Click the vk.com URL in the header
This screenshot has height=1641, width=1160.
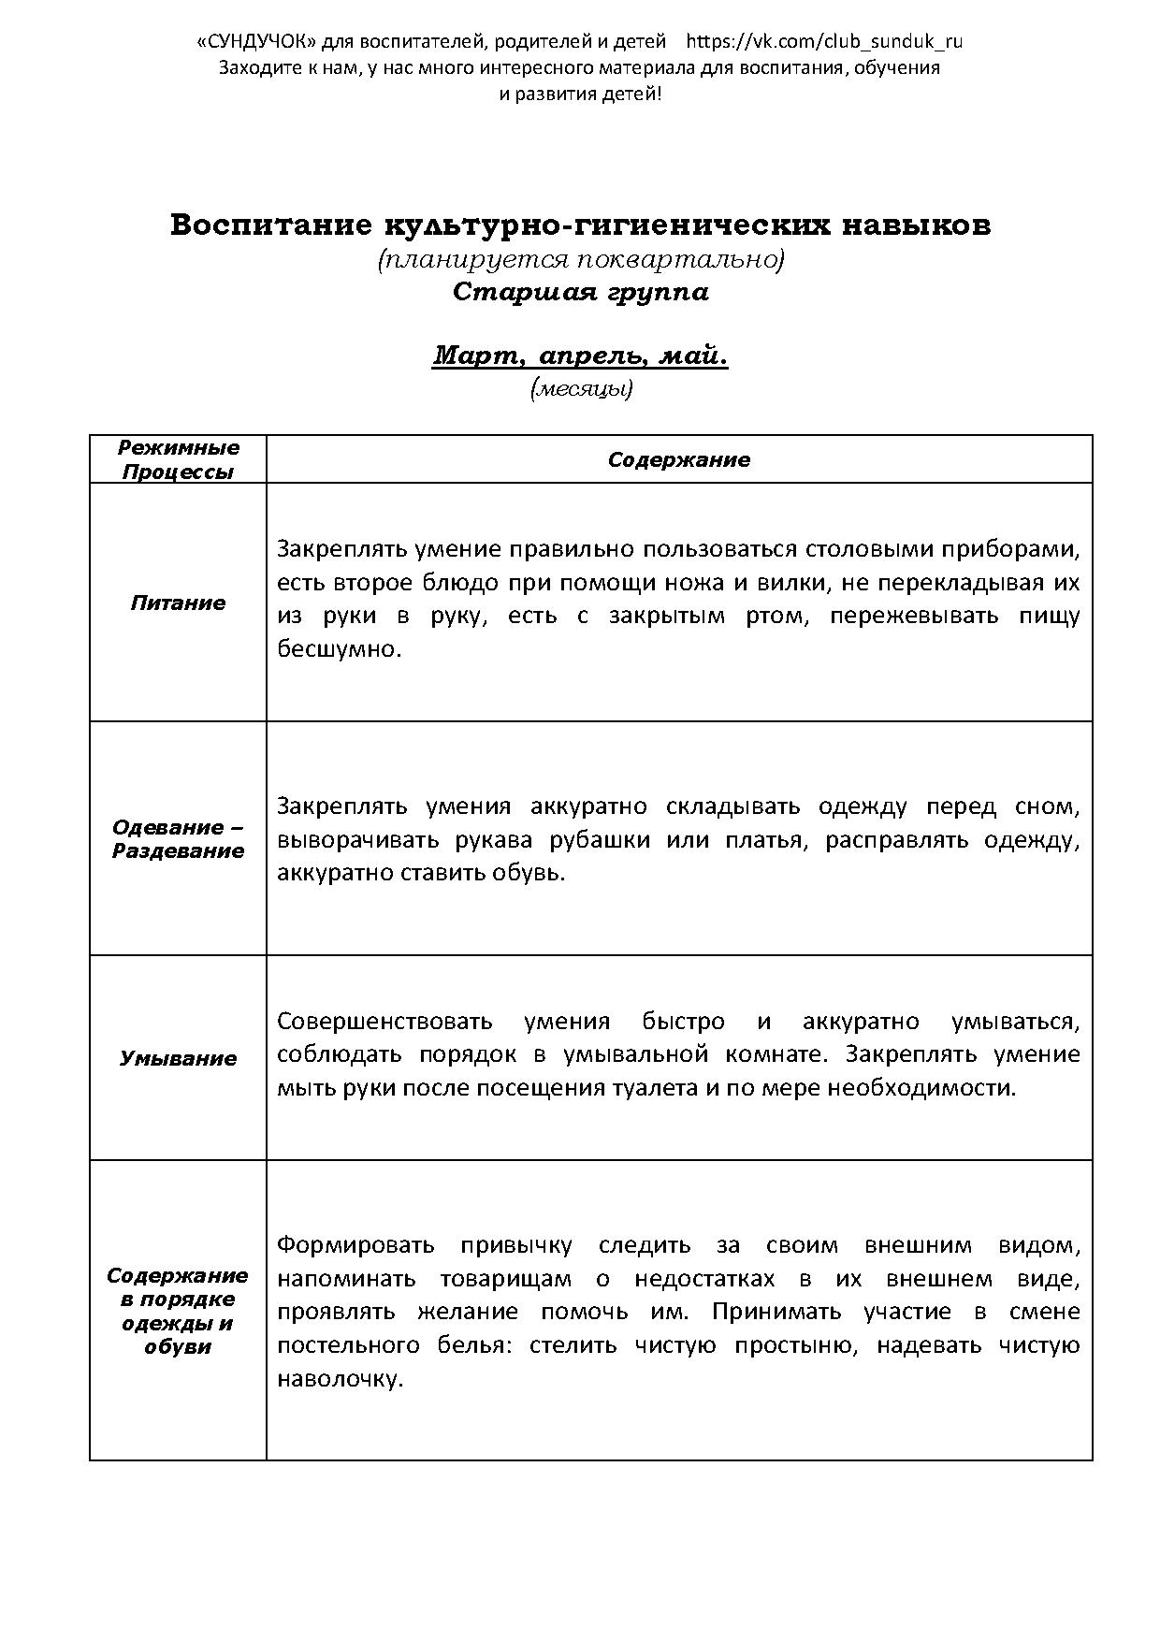[x=824, y=41]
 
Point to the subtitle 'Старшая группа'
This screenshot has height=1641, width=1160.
[x=580, y=292]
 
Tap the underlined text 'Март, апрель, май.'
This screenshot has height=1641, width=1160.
[x=580, y=356]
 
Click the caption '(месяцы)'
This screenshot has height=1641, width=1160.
[x=581, y=389]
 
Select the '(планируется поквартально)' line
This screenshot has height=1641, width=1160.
[x=580, y=259]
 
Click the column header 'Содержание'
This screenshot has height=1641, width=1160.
[x=678, y=459]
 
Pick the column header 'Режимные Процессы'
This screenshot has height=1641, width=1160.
[x=178, y=459]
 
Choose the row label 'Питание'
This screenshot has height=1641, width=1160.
[x=178, y=603]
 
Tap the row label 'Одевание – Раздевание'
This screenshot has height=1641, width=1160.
[x=178, y=839]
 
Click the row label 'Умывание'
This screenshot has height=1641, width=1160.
[x=178, y=1058]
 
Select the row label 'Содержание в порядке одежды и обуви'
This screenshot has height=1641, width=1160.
[x=178, y=1311]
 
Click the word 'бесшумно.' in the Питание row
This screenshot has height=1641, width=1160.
[x=339, y=649]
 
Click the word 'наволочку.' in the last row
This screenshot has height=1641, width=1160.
[x=340, y=1378]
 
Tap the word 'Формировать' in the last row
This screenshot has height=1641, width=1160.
[x=355, y=1245]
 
